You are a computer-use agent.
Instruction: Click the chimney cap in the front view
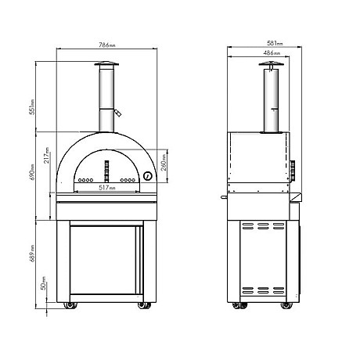[109, 67]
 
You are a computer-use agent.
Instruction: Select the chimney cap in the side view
[271, 67]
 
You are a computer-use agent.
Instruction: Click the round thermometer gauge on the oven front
[146, 177]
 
